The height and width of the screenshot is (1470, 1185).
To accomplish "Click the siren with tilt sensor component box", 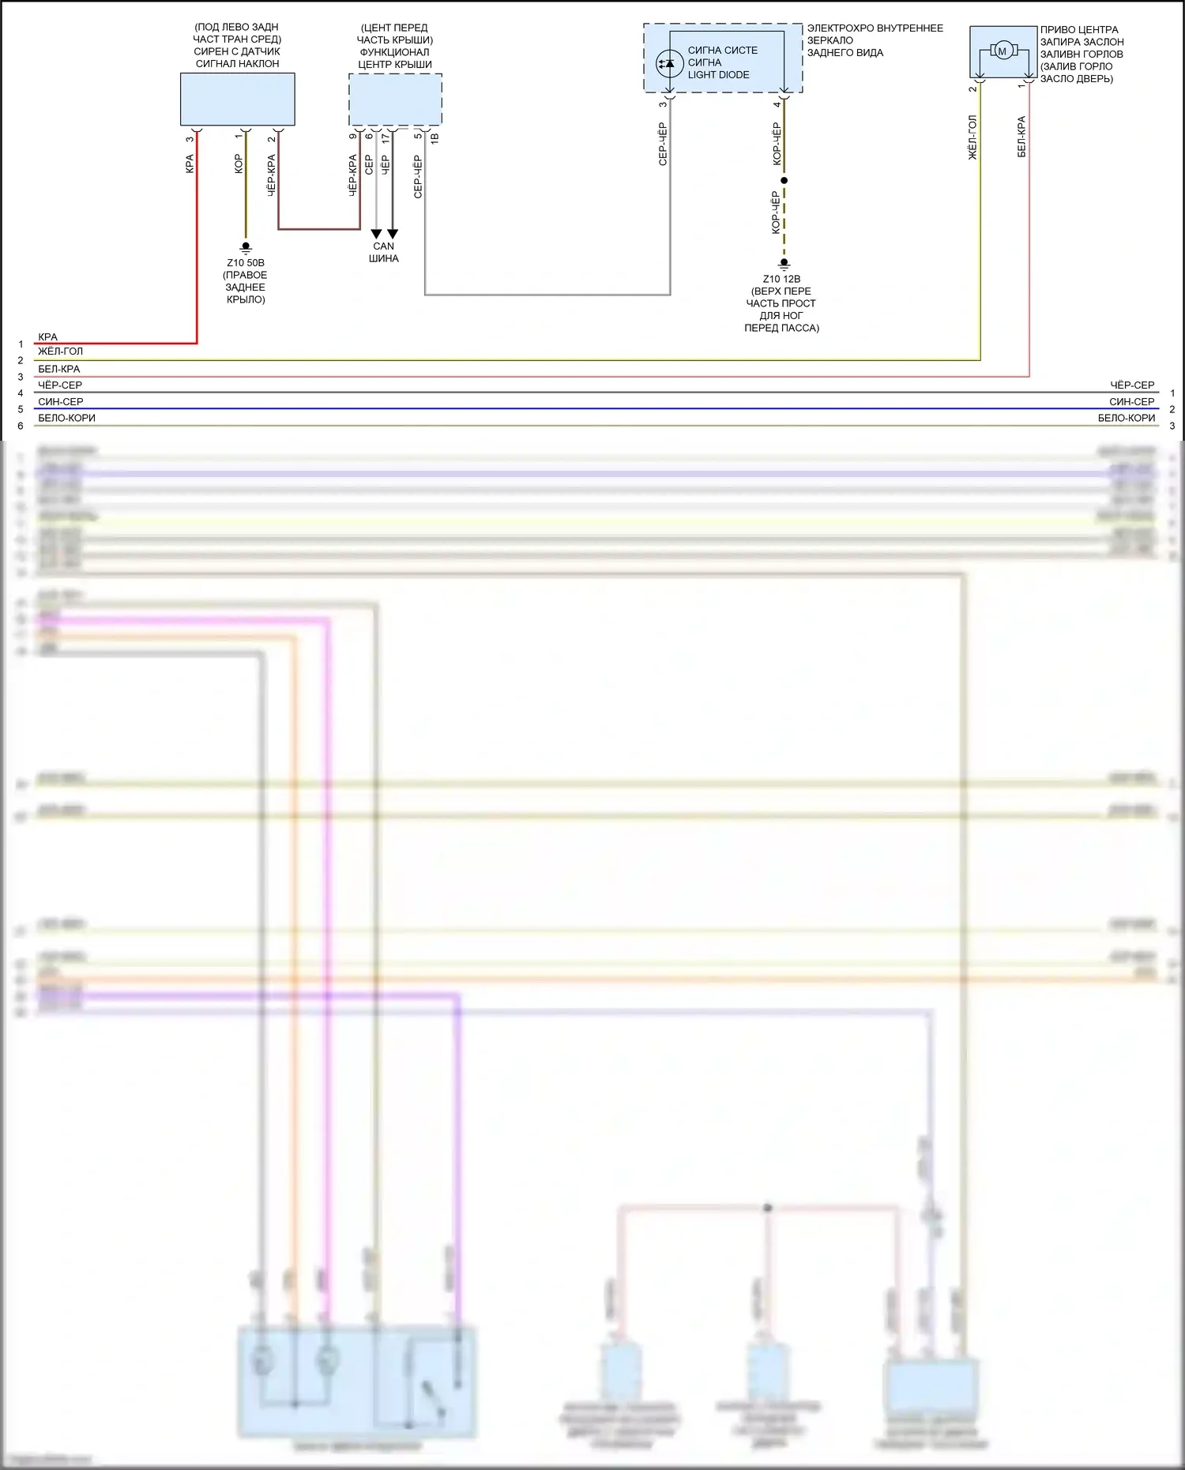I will (x=237, y=100).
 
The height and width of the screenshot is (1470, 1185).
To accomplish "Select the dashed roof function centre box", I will (x=395, y=100).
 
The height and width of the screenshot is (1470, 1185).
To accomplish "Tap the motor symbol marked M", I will (x=1003, y=51).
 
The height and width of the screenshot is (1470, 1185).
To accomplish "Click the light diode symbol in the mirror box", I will (x=670, y=62).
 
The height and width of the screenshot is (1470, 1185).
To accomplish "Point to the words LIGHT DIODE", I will (x=718, y=75).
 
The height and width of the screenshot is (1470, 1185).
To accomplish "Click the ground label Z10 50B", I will (x=246, y=263).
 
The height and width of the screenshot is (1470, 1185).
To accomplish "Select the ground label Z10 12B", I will (x=781, y=279).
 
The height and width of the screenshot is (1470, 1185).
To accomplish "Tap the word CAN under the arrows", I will (x=384, y=246).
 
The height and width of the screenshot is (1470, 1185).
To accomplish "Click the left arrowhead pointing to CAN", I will (x=376, y=234).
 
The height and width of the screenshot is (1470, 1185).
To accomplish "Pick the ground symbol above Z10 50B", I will (x=246, y=248).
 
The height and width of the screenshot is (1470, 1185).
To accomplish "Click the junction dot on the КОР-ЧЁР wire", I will (x=784, y=181).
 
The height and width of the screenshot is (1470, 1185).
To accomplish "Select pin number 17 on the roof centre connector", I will (x=386, y=137).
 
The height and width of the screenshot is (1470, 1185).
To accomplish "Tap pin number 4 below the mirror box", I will (x=777, y=104).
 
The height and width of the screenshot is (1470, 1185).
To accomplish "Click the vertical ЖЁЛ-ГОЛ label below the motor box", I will (x=972, y=138).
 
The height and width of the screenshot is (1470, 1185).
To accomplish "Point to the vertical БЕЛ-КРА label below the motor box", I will (x=1021, y=137).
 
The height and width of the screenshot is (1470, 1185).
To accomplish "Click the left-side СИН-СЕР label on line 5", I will (x=61, y=402).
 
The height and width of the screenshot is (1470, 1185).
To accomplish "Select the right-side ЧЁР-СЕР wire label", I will (x=1132, y=385).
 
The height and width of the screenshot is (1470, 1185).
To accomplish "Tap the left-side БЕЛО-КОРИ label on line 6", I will (x=66, y=419).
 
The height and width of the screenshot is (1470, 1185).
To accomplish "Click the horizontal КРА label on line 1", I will (x=47, y=337).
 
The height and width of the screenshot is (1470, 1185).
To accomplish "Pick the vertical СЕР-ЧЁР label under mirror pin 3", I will (x=663, y=144).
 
